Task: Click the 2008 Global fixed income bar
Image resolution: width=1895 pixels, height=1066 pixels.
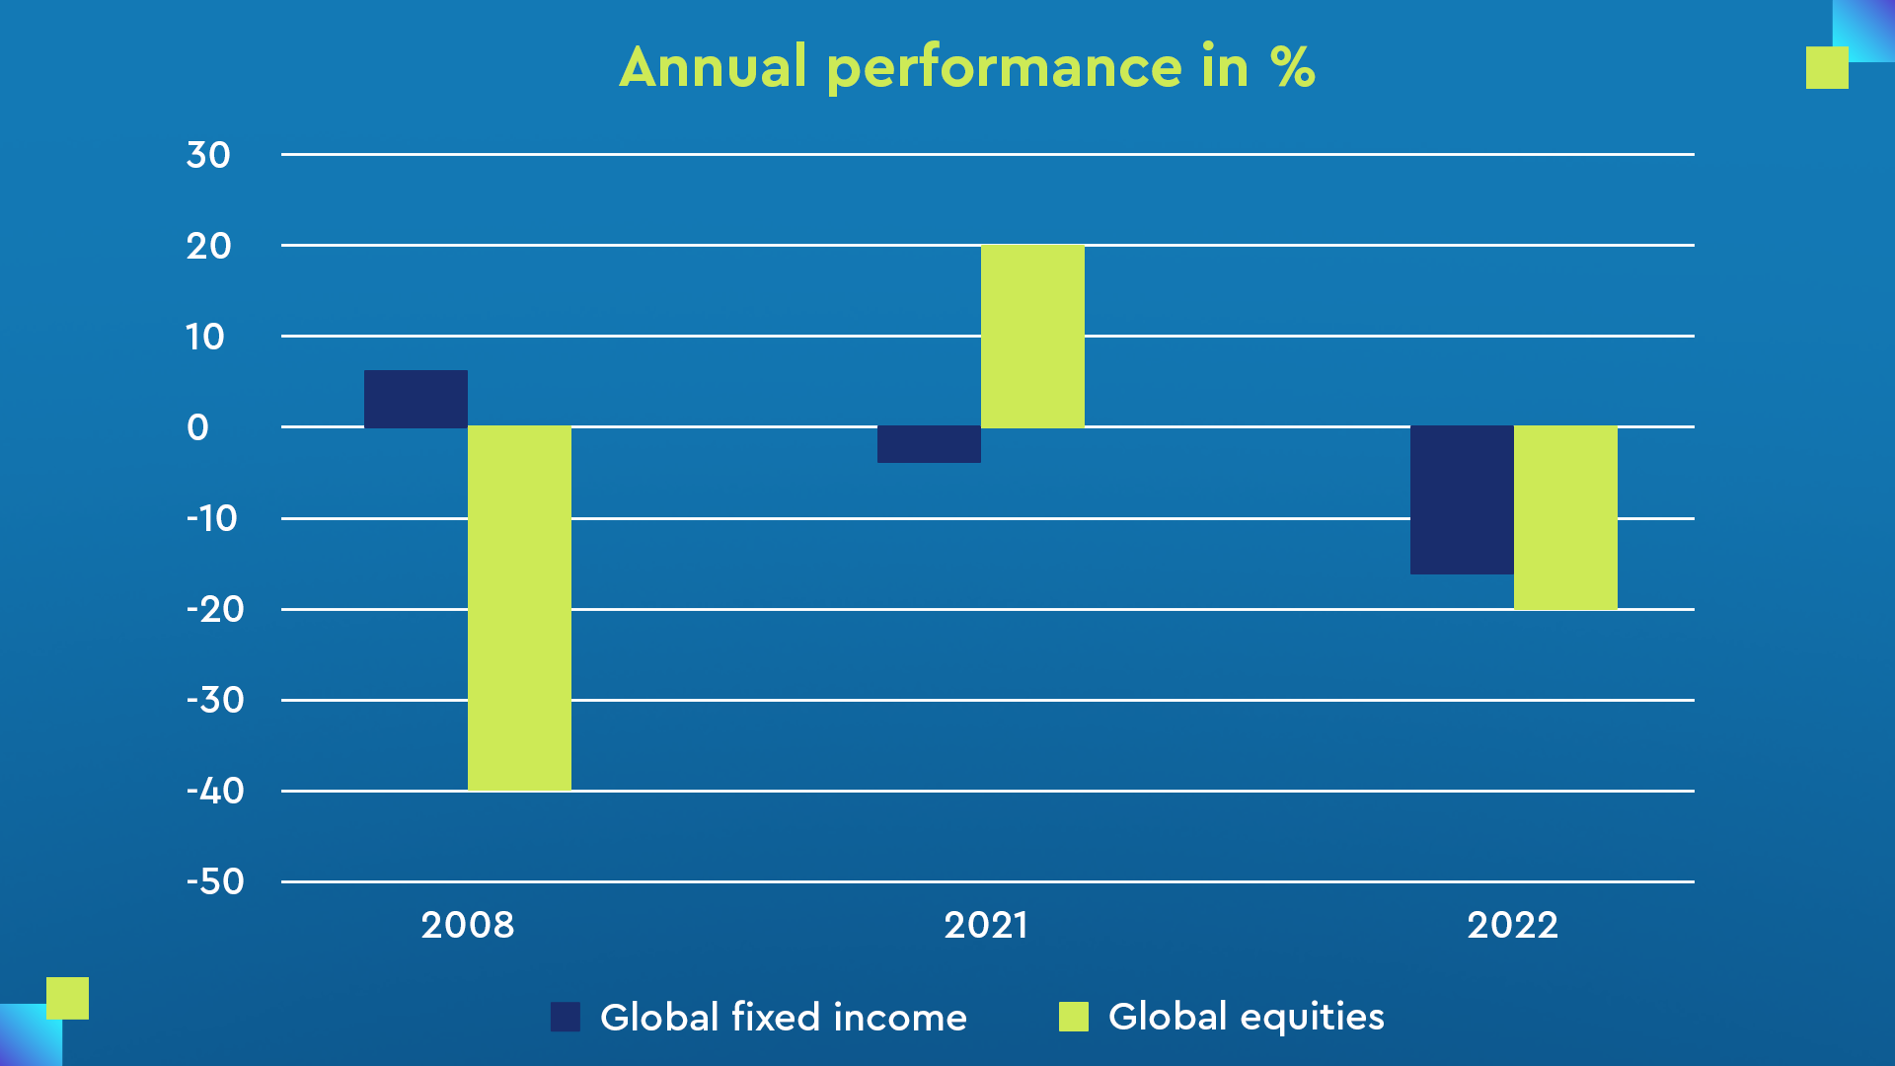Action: click(416, 399)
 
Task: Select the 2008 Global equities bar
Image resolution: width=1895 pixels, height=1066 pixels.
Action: click(519, 608)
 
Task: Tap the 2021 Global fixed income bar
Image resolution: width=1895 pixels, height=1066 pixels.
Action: click(929, 444)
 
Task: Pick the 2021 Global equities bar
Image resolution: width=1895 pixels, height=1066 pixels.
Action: click(1032, 336)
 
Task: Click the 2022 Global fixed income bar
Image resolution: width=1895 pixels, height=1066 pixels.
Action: click(1462, 499)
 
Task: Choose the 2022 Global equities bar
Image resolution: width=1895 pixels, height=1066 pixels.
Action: click(1565, 517)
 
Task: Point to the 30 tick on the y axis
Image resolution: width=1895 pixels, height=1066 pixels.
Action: click(208, 155)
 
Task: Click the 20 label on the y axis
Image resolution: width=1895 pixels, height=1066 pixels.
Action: click(208, 246)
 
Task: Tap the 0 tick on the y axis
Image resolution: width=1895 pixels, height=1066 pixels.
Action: click(198, 427)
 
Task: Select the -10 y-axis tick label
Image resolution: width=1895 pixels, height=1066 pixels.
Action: click(212, 518)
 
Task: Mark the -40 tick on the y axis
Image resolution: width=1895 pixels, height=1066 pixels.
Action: click(215, 791)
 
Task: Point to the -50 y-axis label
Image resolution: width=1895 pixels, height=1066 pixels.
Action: click(215, 881)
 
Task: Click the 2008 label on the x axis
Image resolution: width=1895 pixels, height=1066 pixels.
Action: click(468, 925)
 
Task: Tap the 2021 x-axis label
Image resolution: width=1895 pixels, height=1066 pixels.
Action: click(986, 925)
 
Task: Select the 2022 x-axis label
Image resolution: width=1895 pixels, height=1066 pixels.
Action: click(1512, 925)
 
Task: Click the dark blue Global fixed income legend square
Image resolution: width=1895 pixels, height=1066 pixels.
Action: click(566, 1017)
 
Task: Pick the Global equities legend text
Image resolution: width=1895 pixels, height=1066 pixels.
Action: click(1246, 1017)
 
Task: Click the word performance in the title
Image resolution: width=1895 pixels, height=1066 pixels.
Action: click(1004, 69)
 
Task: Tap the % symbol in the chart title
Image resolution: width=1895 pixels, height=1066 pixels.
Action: click(1292, 67)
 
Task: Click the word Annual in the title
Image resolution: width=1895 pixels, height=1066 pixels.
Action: click(714, 67)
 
